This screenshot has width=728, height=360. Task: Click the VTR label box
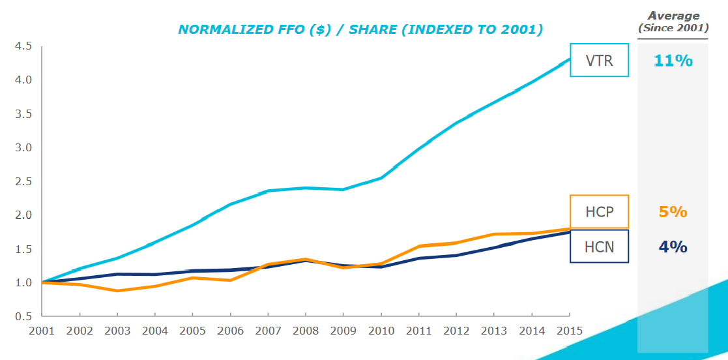click(x=599, y=61)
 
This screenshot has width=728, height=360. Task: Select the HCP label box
click(x=599, y=212)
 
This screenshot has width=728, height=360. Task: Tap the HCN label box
click(x=599, y=247)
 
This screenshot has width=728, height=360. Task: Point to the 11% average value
click(x=673, y=61)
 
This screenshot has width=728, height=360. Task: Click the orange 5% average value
click(x=673, y=212)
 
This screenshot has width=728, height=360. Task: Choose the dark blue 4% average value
click(x=673, y=247)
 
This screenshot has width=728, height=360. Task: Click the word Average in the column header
click(x=673, y=16)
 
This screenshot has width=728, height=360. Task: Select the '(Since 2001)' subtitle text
click(x=673, y=28)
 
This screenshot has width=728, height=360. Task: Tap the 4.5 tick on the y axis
click(x=22, y=46)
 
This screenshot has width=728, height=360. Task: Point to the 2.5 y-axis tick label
click(x=22, y=181)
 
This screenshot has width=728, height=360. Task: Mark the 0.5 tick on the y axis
click(x=22, y=316)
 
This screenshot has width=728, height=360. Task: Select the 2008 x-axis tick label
click(x=305, y=330)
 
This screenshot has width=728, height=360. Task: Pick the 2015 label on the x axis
click(x=569, y=330)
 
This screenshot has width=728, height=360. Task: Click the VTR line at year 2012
click(x=456, y=123)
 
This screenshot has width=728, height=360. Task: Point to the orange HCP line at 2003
click(x=117, y=290)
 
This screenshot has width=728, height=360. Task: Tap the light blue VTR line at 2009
click(x=343, y=190)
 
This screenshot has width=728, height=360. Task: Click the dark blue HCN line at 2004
click(x=155, y=275)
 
